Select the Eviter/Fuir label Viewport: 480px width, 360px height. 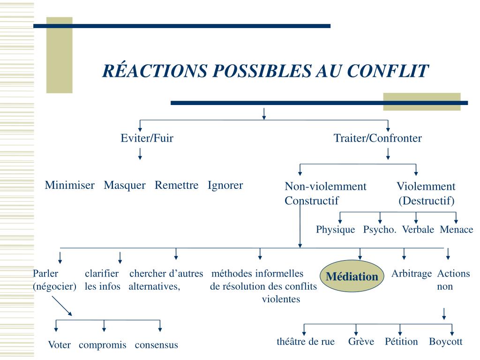coord(147,138)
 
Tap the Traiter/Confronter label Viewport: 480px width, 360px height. coord(377,138)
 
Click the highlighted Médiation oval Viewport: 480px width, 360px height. coord(352,277)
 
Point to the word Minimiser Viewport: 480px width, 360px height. coord(69,185)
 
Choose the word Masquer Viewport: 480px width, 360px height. coord(125,185)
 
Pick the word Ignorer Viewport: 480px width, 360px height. coord(225,185)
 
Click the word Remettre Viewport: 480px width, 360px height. coord(177,185)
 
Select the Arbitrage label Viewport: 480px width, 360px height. coord(412,274)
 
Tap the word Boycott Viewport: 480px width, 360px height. coord(445,342)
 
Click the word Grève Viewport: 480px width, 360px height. coord(361,342)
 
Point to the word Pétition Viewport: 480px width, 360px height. coord(401,342)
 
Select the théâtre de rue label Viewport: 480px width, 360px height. coord(306,342)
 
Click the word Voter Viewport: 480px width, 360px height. coord(59,345)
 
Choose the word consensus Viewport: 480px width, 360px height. coord(157,345)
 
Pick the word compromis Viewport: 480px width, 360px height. coord(103,345)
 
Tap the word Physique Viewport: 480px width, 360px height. coord(335,230)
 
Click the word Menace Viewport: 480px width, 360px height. coord(457,230)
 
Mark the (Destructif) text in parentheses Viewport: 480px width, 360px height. coord(427,201)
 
